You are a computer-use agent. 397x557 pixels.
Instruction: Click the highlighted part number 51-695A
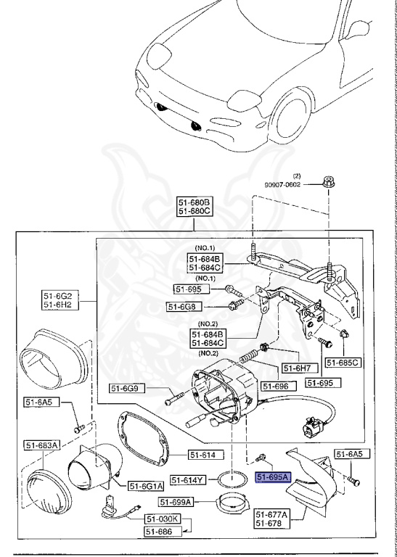272,477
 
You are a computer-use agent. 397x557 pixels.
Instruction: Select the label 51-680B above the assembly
195,202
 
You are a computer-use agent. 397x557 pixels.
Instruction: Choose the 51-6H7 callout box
296,368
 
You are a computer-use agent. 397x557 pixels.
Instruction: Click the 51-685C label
342,363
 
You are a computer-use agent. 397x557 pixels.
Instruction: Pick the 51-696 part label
276,387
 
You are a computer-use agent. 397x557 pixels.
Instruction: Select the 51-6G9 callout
128,389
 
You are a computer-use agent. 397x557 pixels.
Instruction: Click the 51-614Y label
189,480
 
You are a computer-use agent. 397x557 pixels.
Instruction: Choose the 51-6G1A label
146,485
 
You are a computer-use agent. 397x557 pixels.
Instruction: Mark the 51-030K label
162,519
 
